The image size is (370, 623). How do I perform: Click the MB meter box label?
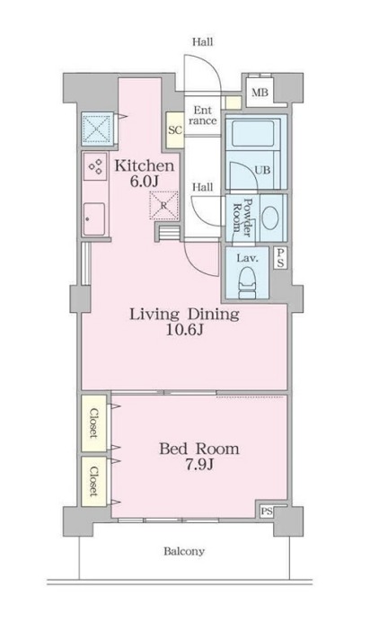point(260,93)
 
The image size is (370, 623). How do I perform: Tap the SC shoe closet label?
point(175,130)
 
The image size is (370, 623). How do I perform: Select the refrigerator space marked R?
point(163,205)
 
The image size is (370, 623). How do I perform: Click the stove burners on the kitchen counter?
point(95,165)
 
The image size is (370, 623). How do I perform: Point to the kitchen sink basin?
point(94,218)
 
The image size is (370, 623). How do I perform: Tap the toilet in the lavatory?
point(248,282)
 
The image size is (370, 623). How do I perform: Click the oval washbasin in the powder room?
point(271,218)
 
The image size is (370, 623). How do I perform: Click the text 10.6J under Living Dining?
point(185,330)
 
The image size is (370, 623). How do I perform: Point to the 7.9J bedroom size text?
point(199,464)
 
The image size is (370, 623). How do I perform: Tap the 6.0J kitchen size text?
point(144,182)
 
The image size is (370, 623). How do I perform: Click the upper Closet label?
point(93,423)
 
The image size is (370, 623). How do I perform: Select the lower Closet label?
point(93,481)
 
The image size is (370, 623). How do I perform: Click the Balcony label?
point(184,551)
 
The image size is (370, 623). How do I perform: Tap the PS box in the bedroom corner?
point(267,512)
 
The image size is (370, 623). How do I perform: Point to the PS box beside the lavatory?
point(281,258)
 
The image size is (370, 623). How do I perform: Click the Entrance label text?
point(202,115)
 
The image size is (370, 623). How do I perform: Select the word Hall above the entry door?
point(202,41)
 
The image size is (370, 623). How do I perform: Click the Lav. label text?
point(247,258)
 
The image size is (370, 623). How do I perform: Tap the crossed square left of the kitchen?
point(98,128)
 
